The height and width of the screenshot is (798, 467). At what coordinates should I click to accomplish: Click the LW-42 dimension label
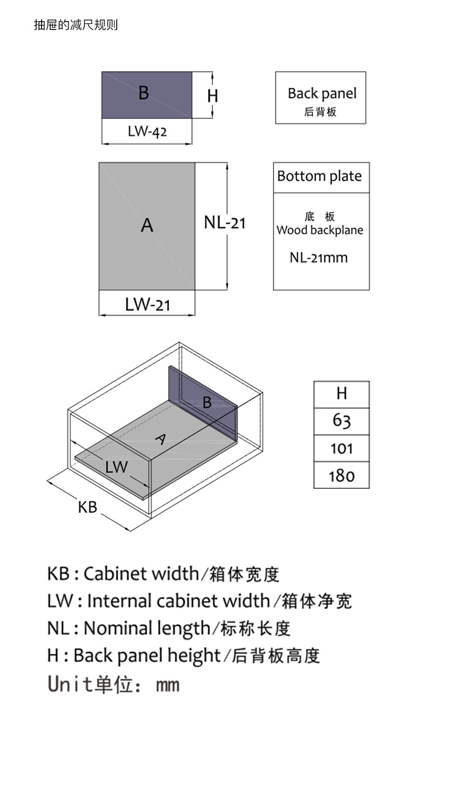(x=147, y=131)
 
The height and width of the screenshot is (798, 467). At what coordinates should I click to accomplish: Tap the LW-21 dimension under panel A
(x=147, y=304)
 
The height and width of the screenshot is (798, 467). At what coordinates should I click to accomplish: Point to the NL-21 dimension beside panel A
(x=224, y=223)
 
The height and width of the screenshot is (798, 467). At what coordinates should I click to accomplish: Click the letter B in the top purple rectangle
(x=144, y=93)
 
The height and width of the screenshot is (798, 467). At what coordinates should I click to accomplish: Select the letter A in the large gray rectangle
(x=147, y=225)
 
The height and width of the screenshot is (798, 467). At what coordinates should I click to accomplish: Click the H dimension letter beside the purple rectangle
(x=212, y=96)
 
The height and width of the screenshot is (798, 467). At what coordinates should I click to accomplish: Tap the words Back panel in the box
(x=322, y=93)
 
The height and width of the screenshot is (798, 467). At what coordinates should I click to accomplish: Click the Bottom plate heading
(x=320, y=176)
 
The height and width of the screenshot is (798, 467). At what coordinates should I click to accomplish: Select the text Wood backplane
(x=320, y=230)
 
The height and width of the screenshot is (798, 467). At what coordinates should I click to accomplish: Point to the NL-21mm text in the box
(x=319, y=258)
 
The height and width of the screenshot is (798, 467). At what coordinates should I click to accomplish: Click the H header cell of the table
(x=342, y=394)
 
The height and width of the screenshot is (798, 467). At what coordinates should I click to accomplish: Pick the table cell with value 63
(x=342, y=421)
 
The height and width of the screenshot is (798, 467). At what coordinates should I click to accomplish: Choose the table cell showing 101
(x=342, y=449)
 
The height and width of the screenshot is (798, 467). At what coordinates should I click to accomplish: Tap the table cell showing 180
(x=342, y=476)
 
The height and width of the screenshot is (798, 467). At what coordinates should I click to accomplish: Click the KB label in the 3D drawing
(x=87, y=507)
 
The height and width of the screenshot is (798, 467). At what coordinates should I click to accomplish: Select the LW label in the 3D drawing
(x=116, y=467)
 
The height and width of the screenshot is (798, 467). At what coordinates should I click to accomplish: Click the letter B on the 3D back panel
(x=207, y=403)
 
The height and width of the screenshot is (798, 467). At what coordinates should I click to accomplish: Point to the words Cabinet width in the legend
(x=141, y=574)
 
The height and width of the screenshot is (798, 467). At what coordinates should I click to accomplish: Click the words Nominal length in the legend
(x=147, y=628)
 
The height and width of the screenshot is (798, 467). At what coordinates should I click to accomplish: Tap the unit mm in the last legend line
(x=167, y=685)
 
